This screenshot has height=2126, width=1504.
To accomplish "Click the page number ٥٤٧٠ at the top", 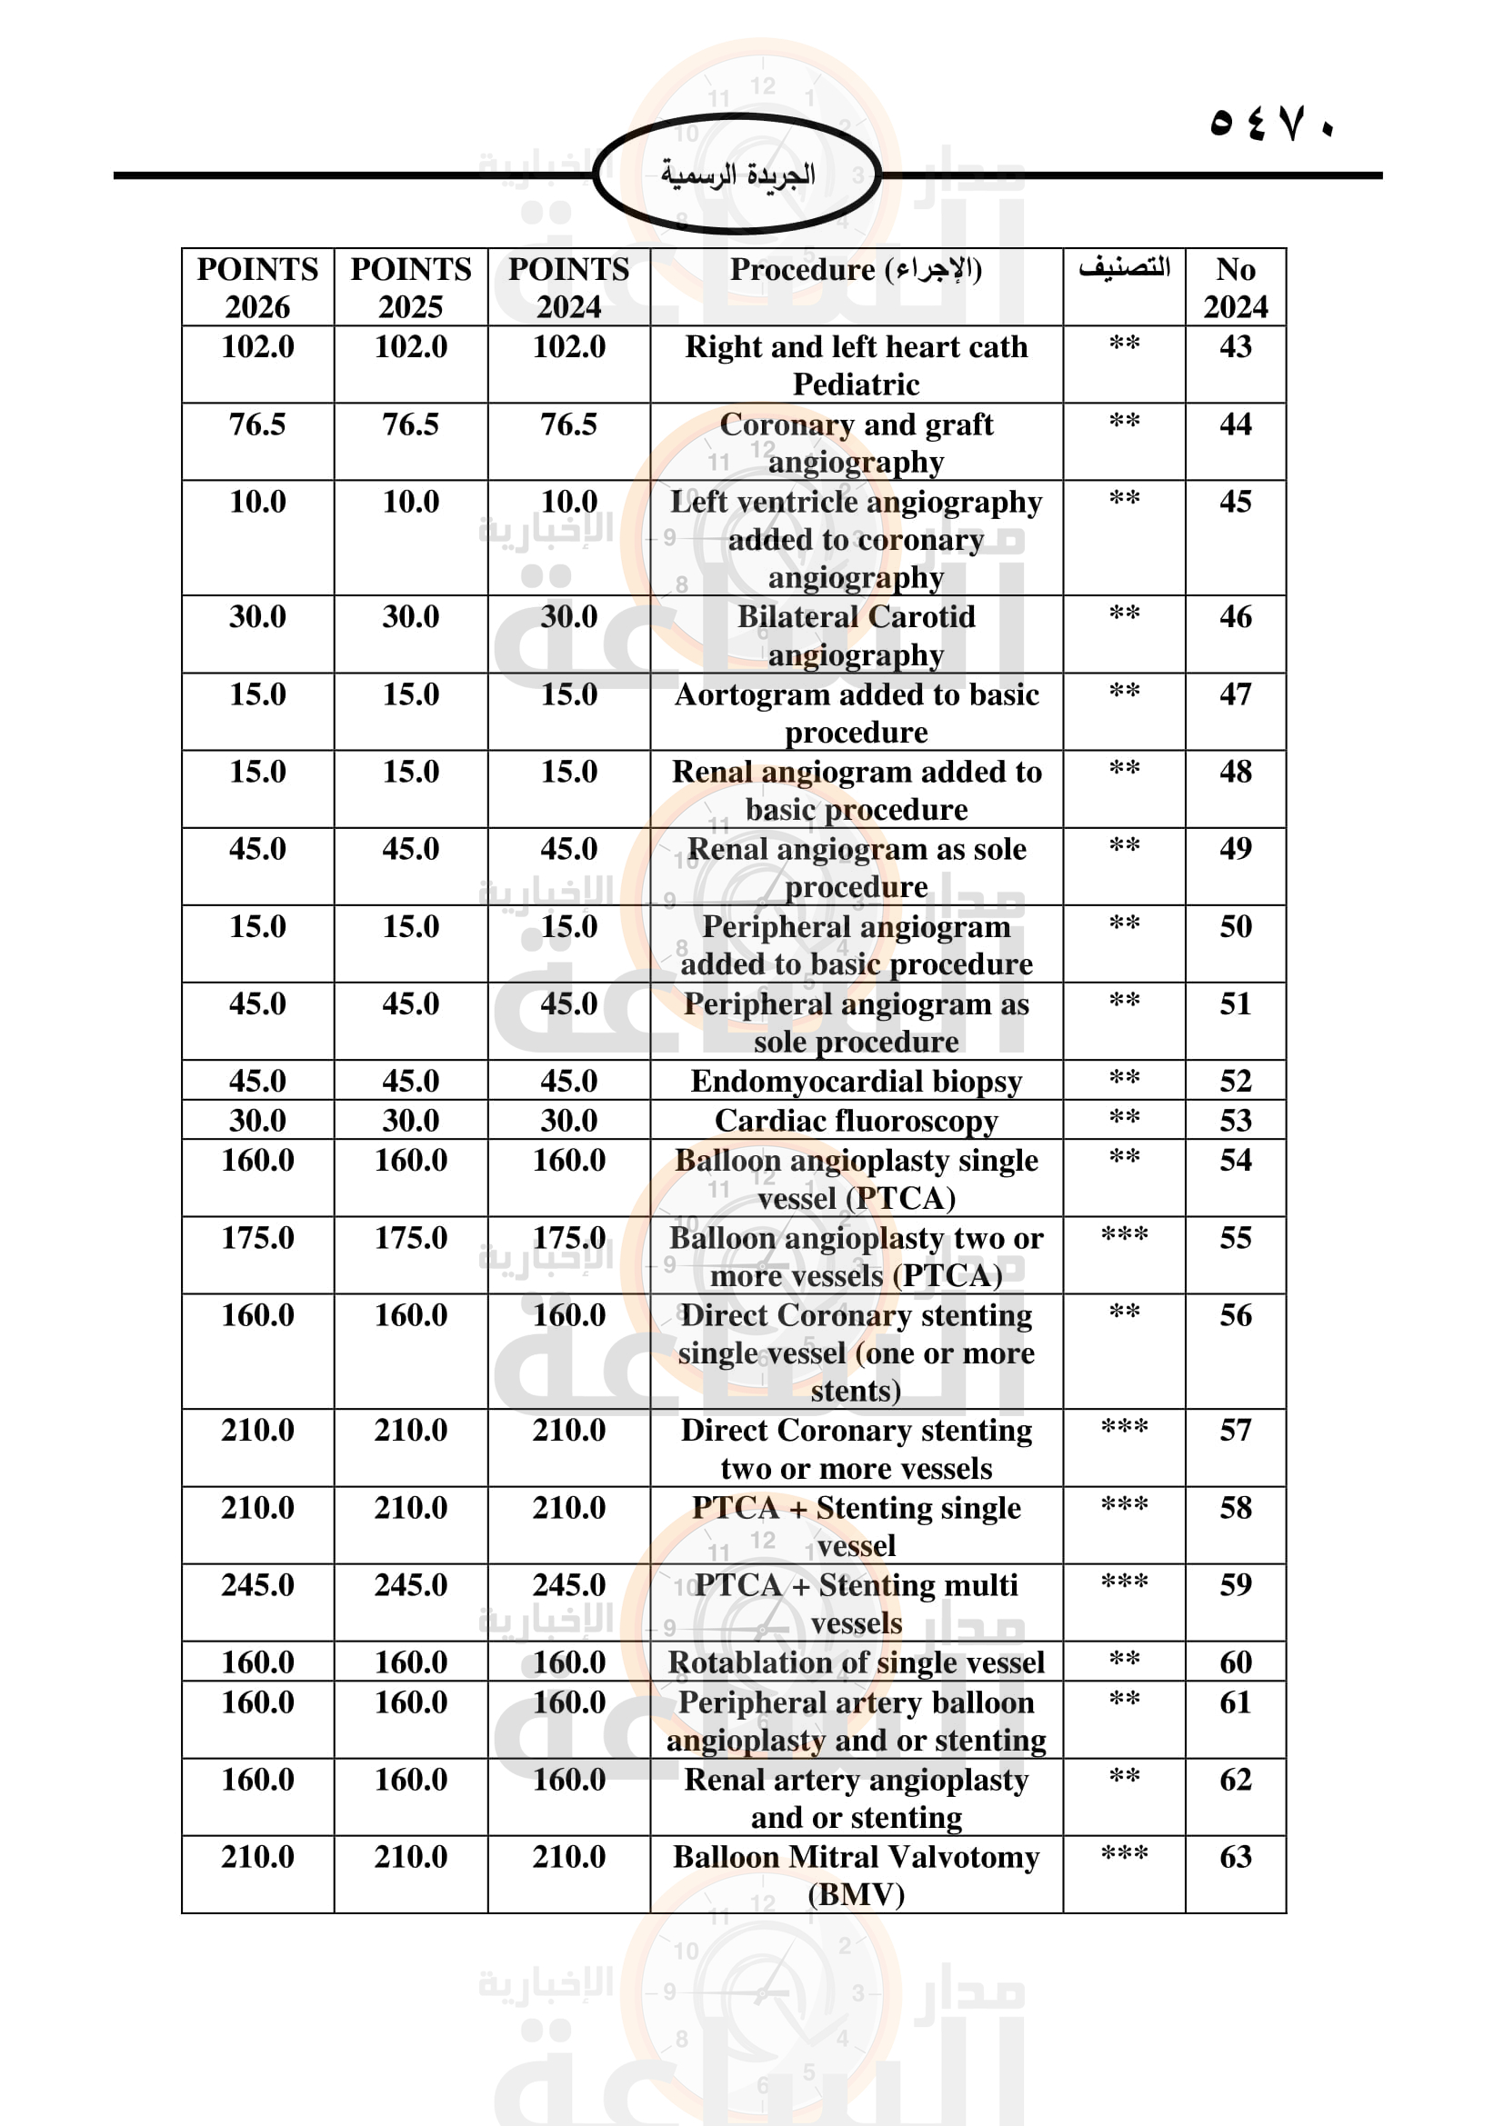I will click(x=1271, y=122).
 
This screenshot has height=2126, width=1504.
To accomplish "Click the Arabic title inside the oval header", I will click(x=737, y=175).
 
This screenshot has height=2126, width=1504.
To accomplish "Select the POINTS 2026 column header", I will click(x=257, y=287).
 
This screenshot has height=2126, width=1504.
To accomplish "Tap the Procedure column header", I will click(x=856, y=269).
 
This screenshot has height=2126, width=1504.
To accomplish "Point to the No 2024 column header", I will click(x=1236, y=287).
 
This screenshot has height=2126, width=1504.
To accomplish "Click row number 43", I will click(x=1236, y=347).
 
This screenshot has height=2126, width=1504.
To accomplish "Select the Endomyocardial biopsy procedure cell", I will click(x=856, y=1081).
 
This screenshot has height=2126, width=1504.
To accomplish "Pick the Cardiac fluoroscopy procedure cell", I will click(x=856, y=1121).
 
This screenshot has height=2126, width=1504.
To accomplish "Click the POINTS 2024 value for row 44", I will click(x=568, y=425).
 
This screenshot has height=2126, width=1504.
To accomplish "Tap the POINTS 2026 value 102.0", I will click(x=257, y=347).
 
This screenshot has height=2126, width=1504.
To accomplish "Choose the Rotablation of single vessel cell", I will click(x=856, y=1662).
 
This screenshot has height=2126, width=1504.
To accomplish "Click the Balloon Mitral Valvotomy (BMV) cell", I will click(x=856, y=1875).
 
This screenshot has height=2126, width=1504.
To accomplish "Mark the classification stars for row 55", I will click(x=1124, y=1236).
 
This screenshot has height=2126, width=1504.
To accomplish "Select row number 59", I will click(x=1236, y=1584).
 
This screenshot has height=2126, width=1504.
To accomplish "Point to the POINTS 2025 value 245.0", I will click(x=410, y=1584).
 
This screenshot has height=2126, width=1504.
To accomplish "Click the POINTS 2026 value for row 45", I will click(x=257, y=502).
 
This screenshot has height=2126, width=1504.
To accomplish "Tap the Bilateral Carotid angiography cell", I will click(x=856, y=635).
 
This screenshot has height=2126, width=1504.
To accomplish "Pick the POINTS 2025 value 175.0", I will click(x=410, y=1238).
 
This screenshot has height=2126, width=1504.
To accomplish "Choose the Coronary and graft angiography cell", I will click(x=856, y=443).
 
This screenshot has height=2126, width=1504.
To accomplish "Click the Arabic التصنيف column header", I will click(x=1124, y=267).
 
